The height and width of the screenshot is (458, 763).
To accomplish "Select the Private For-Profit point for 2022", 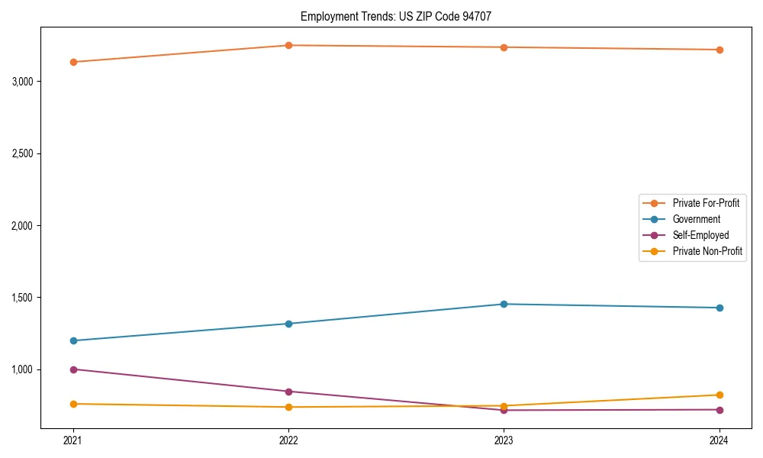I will click(x=288, y=45).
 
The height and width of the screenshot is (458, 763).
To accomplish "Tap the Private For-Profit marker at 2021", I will click(x=73, y=62).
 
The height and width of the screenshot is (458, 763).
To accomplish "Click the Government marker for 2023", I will click(x=504, y=304).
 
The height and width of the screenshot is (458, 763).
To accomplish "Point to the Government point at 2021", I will click(x=73, y=340).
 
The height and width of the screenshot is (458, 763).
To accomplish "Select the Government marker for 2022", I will click(x=288, y=324).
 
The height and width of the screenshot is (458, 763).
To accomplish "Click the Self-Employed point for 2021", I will click(x=73, y=369).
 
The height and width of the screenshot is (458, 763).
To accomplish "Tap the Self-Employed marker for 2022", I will click(x=288, y=392).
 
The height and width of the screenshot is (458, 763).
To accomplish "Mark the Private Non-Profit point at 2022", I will click(x=288, y=407).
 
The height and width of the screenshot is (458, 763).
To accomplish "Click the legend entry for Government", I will click(x=696, y=219).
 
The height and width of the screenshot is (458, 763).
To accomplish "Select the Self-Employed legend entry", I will click(x=700, y=235).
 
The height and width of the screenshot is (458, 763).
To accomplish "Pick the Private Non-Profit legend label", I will click(x=707, y=251).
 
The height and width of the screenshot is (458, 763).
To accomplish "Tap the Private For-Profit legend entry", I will click(x=705, y=203).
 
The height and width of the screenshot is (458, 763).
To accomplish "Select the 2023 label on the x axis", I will click(x=504, y=440).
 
